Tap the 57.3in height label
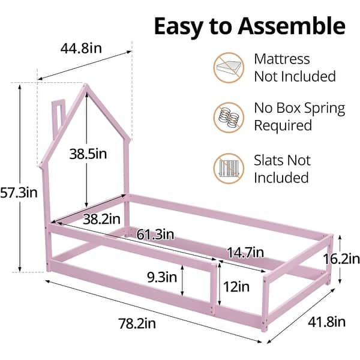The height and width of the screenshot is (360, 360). pyautogui.click(x=19, y=193)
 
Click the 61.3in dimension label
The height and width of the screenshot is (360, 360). pyautogui.click(x=155, y=233)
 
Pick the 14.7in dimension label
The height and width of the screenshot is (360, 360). pyautogui.click(x=245, y=253)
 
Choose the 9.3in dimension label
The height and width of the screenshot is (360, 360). pyautogui.click(x=161, y=277)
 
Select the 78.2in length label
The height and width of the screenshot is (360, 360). pyautogui.click(x=137, y=324)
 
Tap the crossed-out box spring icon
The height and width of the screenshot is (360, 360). pyautogui.click(x=228, y=117)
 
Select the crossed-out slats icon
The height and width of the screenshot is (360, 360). pyautogui.click(x=228, y=169)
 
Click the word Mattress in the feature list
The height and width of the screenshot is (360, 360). pyautogui.click(x=282, y=59)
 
